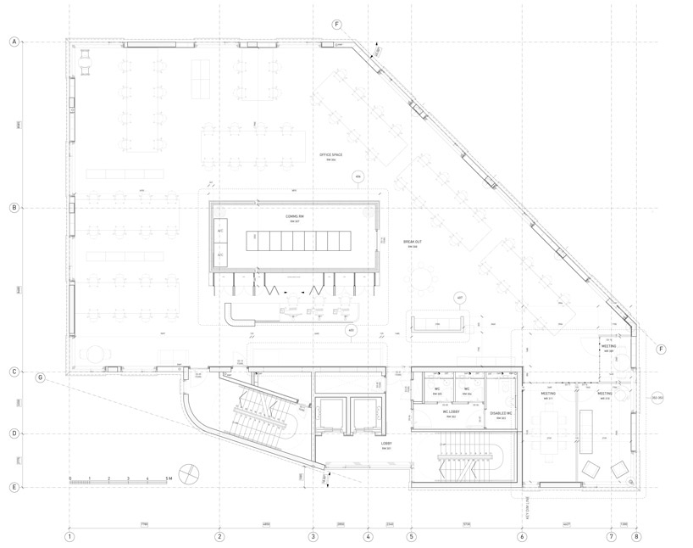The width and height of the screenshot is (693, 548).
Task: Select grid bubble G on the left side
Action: click(x=40, y=377)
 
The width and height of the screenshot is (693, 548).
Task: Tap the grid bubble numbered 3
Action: click(x=313, y=536)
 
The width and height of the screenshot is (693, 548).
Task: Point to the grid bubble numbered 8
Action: click(x=636, y=536)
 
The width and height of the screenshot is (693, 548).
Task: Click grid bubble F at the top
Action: click(x=337, y=25)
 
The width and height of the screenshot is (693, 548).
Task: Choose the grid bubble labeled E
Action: click(x=14, y=487)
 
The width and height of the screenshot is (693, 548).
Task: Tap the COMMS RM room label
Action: click(x=294, y=218)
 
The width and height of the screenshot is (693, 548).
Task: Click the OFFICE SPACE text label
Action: click(x=330, y=156)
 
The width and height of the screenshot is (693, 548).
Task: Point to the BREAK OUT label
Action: click(x=413, y=243)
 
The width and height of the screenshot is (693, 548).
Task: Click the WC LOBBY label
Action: click(x=439, y=414)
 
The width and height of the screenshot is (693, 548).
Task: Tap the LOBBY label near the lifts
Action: click(x=385, y=445)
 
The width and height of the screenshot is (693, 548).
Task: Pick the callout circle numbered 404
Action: click(x=358, y=177)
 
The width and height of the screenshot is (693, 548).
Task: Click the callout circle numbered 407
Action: click(x=460, y=299)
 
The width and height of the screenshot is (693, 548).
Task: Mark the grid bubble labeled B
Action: click(x=14, y=208)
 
